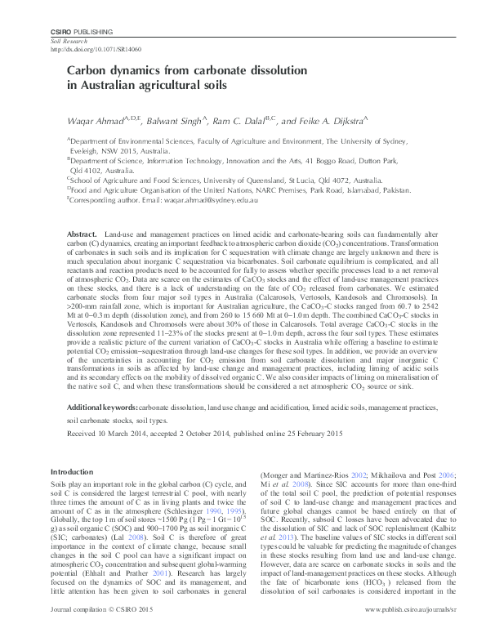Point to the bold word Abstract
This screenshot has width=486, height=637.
tap(83, 234)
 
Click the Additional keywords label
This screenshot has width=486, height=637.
tap(102, 406)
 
